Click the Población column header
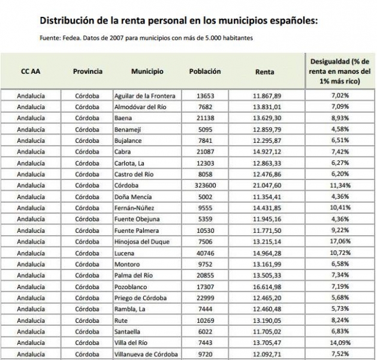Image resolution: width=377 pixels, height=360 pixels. [x=205, y=71]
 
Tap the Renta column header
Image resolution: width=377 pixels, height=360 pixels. [x=265, y=72]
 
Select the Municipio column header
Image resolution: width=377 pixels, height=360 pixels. [x=147, y=71]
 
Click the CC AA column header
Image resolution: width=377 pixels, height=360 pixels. [x=31, y=71]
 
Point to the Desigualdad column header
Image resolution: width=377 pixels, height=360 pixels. [x=340, y=71]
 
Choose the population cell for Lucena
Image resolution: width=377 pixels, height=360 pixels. [x=205, y=254]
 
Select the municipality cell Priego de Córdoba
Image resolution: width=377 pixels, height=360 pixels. [x=140, y=298]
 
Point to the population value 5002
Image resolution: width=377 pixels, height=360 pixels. [x=205, y=197]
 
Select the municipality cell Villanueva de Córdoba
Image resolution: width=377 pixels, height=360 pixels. [x=147, y=355]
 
